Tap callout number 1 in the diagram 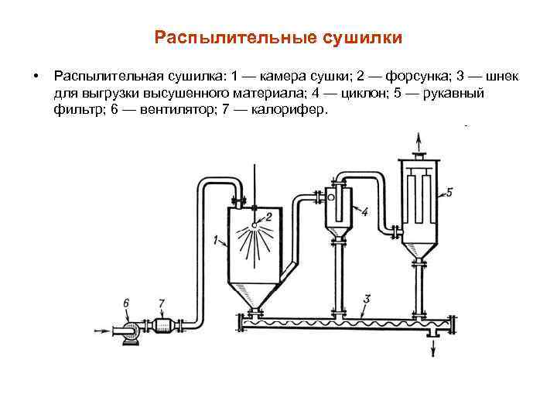pos(215,238)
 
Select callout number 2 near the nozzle pos(268,216)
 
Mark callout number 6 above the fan pos(126,303)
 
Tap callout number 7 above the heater pos(161,303)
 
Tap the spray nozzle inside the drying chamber pos(255,224)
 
